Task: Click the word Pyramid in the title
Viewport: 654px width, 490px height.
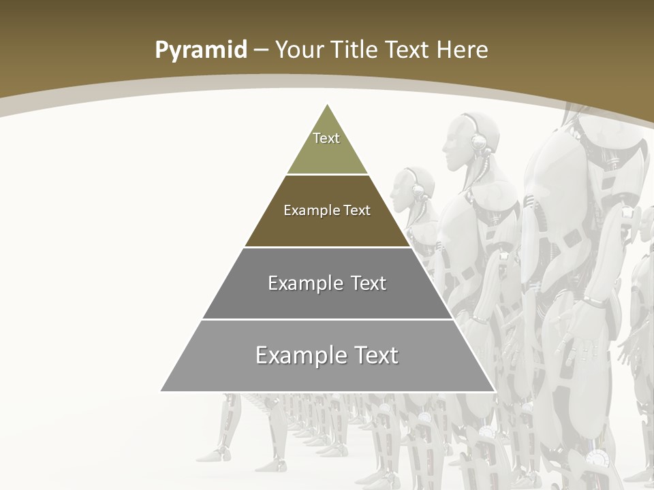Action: tap(200, 50)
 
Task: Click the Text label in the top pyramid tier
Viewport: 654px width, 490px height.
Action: tap(326, 138)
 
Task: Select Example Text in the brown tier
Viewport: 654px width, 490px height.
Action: tap(327, 210)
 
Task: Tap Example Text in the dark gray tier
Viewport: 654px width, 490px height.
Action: tap(327, 283)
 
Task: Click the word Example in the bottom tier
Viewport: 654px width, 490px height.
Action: tap(297, 355)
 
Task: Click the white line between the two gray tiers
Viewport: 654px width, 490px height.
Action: tap(327, 319)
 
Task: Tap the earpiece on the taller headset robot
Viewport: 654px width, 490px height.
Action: tap(479, 142)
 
